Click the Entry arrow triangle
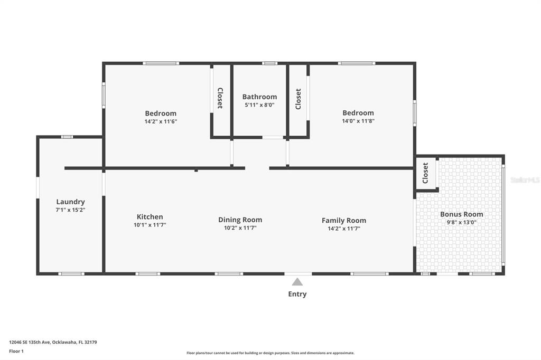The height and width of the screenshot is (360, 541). click(297, 282)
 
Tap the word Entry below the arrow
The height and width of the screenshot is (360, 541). click(297, 294)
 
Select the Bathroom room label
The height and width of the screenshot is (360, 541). click(259, 97)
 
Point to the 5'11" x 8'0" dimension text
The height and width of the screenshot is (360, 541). click(259, 105)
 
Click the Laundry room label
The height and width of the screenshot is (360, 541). click(70, 202)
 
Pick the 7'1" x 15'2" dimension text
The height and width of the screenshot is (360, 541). click(70, 210)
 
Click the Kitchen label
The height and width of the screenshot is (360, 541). click(150, 217)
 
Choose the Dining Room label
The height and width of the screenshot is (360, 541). click(240, 220)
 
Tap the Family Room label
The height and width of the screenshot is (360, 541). click(344, 221)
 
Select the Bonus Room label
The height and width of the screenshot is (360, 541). click(462, 214)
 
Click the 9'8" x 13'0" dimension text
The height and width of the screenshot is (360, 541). click(462, 222)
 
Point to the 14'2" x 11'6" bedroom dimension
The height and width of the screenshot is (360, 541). click(161, 121)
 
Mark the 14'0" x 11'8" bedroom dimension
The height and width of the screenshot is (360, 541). click(358, 121)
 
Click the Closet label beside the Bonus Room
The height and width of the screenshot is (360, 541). click(425, 173)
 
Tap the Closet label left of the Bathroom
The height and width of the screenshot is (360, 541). click(220, 98)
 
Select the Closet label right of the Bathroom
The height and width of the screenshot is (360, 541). click(298, 99)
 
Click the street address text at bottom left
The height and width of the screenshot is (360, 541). click(53, 343)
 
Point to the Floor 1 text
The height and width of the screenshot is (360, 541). click(16, 352)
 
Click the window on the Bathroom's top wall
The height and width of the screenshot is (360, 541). click(269, 63)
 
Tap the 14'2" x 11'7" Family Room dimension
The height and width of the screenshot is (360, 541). click(344, 229)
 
